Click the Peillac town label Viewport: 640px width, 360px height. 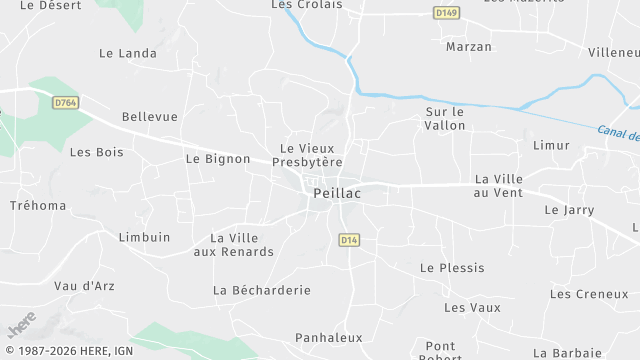tap(336, 194)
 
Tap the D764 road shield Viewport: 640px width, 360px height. tap(66, 102)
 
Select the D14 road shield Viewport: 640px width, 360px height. tap(348, 240)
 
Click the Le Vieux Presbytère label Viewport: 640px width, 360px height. tap(311, 155)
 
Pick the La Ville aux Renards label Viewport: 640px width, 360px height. tap(233, 244)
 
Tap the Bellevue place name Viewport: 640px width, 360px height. tap(150, 117)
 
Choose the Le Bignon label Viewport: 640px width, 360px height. tap(218, 158)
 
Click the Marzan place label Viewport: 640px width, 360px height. tap(469, 47)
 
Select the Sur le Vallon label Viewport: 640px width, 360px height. tap(446, 119)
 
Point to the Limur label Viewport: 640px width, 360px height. tap(551, 145)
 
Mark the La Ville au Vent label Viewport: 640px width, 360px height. tap(499, 185)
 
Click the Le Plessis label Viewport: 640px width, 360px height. tap(452, 268)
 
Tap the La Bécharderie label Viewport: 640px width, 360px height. tap(262, 290)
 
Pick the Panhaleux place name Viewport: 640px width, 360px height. tap(329, 338)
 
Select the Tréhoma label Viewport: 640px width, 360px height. tap(38, 206)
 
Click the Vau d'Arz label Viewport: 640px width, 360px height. tap(84, 286)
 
